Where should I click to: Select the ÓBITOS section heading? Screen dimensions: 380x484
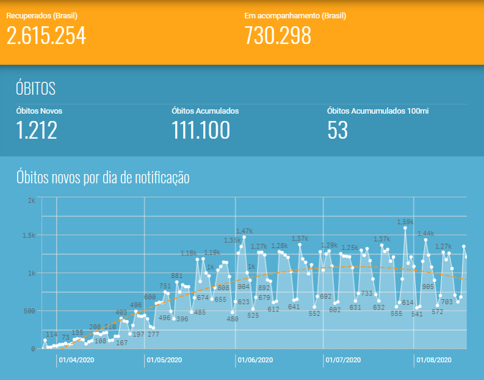pos(35,89)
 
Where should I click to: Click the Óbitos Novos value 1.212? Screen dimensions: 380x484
pos(37,130)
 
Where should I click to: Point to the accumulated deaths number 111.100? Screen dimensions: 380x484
pos(201,130)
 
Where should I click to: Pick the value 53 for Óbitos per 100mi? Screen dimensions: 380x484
pos(338,130)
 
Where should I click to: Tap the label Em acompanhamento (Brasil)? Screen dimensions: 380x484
pos(283,15)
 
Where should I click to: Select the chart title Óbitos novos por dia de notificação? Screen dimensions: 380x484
pos(103,178)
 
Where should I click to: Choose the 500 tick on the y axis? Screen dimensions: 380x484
pos(30,311)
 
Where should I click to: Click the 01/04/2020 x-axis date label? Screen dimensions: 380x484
pos(76,360)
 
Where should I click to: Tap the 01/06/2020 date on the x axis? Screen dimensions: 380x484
pos(256,360)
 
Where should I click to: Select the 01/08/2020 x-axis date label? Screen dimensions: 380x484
pos(434,360)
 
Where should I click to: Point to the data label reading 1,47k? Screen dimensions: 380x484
pos(244,231)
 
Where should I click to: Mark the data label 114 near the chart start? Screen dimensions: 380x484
pos(51,335)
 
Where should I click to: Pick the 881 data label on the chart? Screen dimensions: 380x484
pos(176,276)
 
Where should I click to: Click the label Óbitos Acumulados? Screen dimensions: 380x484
pos(205,111)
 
